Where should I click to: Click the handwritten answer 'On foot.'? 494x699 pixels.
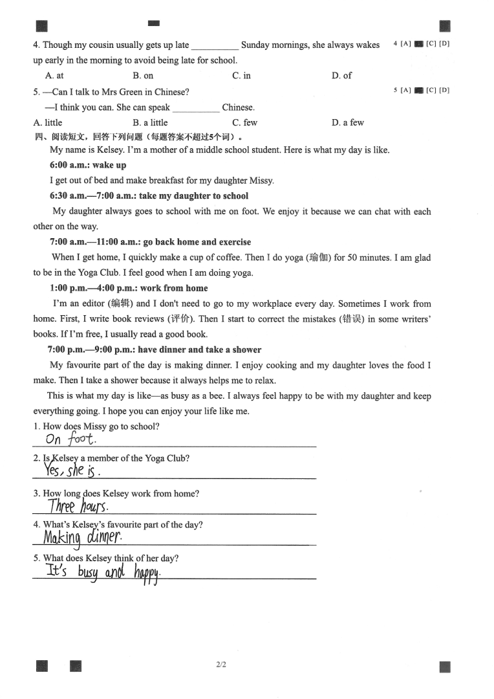[x=70, y=439]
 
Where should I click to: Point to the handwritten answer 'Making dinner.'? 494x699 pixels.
[x=81, y=537]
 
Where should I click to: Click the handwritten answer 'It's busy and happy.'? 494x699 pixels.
[x=102, y=571]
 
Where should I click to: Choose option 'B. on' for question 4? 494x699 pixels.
[x=143, y=76]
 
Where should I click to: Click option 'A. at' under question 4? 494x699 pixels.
[x=54, y=76]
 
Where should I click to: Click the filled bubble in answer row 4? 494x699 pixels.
[x=418, y=44]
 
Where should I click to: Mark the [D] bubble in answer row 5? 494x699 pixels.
[x=444, y=91]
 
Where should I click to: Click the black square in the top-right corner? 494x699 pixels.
[x=444, y=26]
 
